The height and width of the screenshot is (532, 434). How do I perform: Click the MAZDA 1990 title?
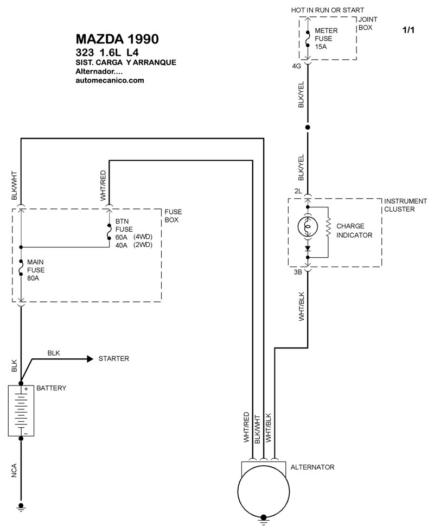117,39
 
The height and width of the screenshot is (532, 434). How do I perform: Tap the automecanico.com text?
110,80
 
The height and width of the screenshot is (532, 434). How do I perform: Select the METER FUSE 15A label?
326,39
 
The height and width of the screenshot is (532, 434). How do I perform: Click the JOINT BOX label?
368,23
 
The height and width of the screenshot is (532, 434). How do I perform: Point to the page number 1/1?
408,30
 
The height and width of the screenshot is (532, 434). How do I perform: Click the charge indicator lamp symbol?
308,227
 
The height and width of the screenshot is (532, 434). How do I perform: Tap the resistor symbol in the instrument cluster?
328,227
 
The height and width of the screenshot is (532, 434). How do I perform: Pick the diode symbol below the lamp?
308,249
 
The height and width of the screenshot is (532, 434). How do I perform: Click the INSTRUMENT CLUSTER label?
405,205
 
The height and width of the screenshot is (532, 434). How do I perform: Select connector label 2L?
298,191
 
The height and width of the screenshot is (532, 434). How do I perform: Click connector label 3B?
298,272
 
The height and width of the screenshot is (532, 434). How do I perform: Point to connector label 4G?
296,66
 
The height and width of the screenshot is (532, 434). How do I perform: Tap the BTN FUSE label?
124,225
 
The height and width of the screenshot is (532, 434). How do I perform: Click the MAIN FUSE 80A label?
36,270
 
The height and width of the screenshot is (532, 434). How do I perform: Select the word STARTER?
113,359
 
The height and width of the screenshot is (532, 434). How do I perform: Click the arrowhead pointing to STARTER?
90,359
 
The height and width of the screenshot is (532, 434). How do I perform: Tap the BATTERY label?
51,388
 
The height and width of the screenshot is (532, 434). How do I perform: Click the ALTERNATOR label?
312,467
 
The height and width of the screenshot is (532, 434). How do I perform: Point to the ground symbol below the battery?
21,507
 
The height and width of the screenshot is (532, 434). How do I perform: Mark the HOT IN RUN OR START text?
327,10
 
